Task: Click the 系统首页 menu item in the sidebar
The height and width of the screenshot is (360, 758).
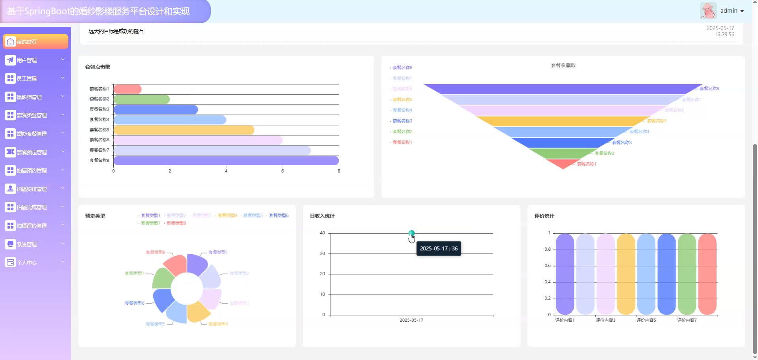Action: [35, 42]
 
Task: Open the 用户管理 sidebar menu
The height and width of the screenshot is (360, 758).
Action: [35, 60]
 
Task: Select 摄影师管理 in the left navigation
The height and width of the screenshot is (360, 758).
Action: [35, 97]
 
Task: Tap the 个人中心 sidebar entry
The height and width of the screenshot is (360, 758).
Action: [35, 262]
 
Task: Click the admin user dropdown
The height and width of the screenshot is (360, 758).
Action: [732, 11]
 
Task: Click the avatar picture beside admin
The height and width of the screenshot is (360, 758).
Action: [708, 11]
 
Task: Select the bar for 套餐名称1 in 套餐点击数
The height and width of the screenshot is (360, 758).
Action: [127, 89]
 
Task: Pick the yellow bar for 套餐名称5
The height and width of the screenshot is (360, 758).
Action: [184, 130]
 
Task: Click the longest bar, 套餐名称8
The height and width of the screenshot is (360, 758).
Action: [226, 161]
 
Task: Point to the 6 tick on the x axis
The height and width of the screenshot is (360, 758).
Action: [282, 171]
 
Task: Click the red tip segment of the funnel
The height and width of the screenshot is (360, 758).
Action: [563, 163]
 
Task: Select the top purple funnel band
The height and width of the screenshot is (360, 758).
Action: [563, 89]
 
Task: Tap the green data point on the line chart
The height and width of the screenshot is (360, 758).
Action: [411, 233]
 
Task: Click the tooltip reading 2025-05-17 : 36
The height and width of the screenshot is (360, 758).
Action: [439, 249]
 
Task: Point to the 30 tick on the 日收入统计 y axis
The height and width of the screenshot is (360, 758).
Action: [323, 253]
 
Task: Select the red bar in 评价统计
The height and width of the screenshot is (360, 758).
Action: [707, 274]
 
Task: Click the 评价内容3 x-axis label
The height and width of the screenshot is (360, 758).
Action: [605, 320]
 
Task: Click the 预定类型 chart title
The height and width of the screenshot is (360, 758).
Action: [95, 216]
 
